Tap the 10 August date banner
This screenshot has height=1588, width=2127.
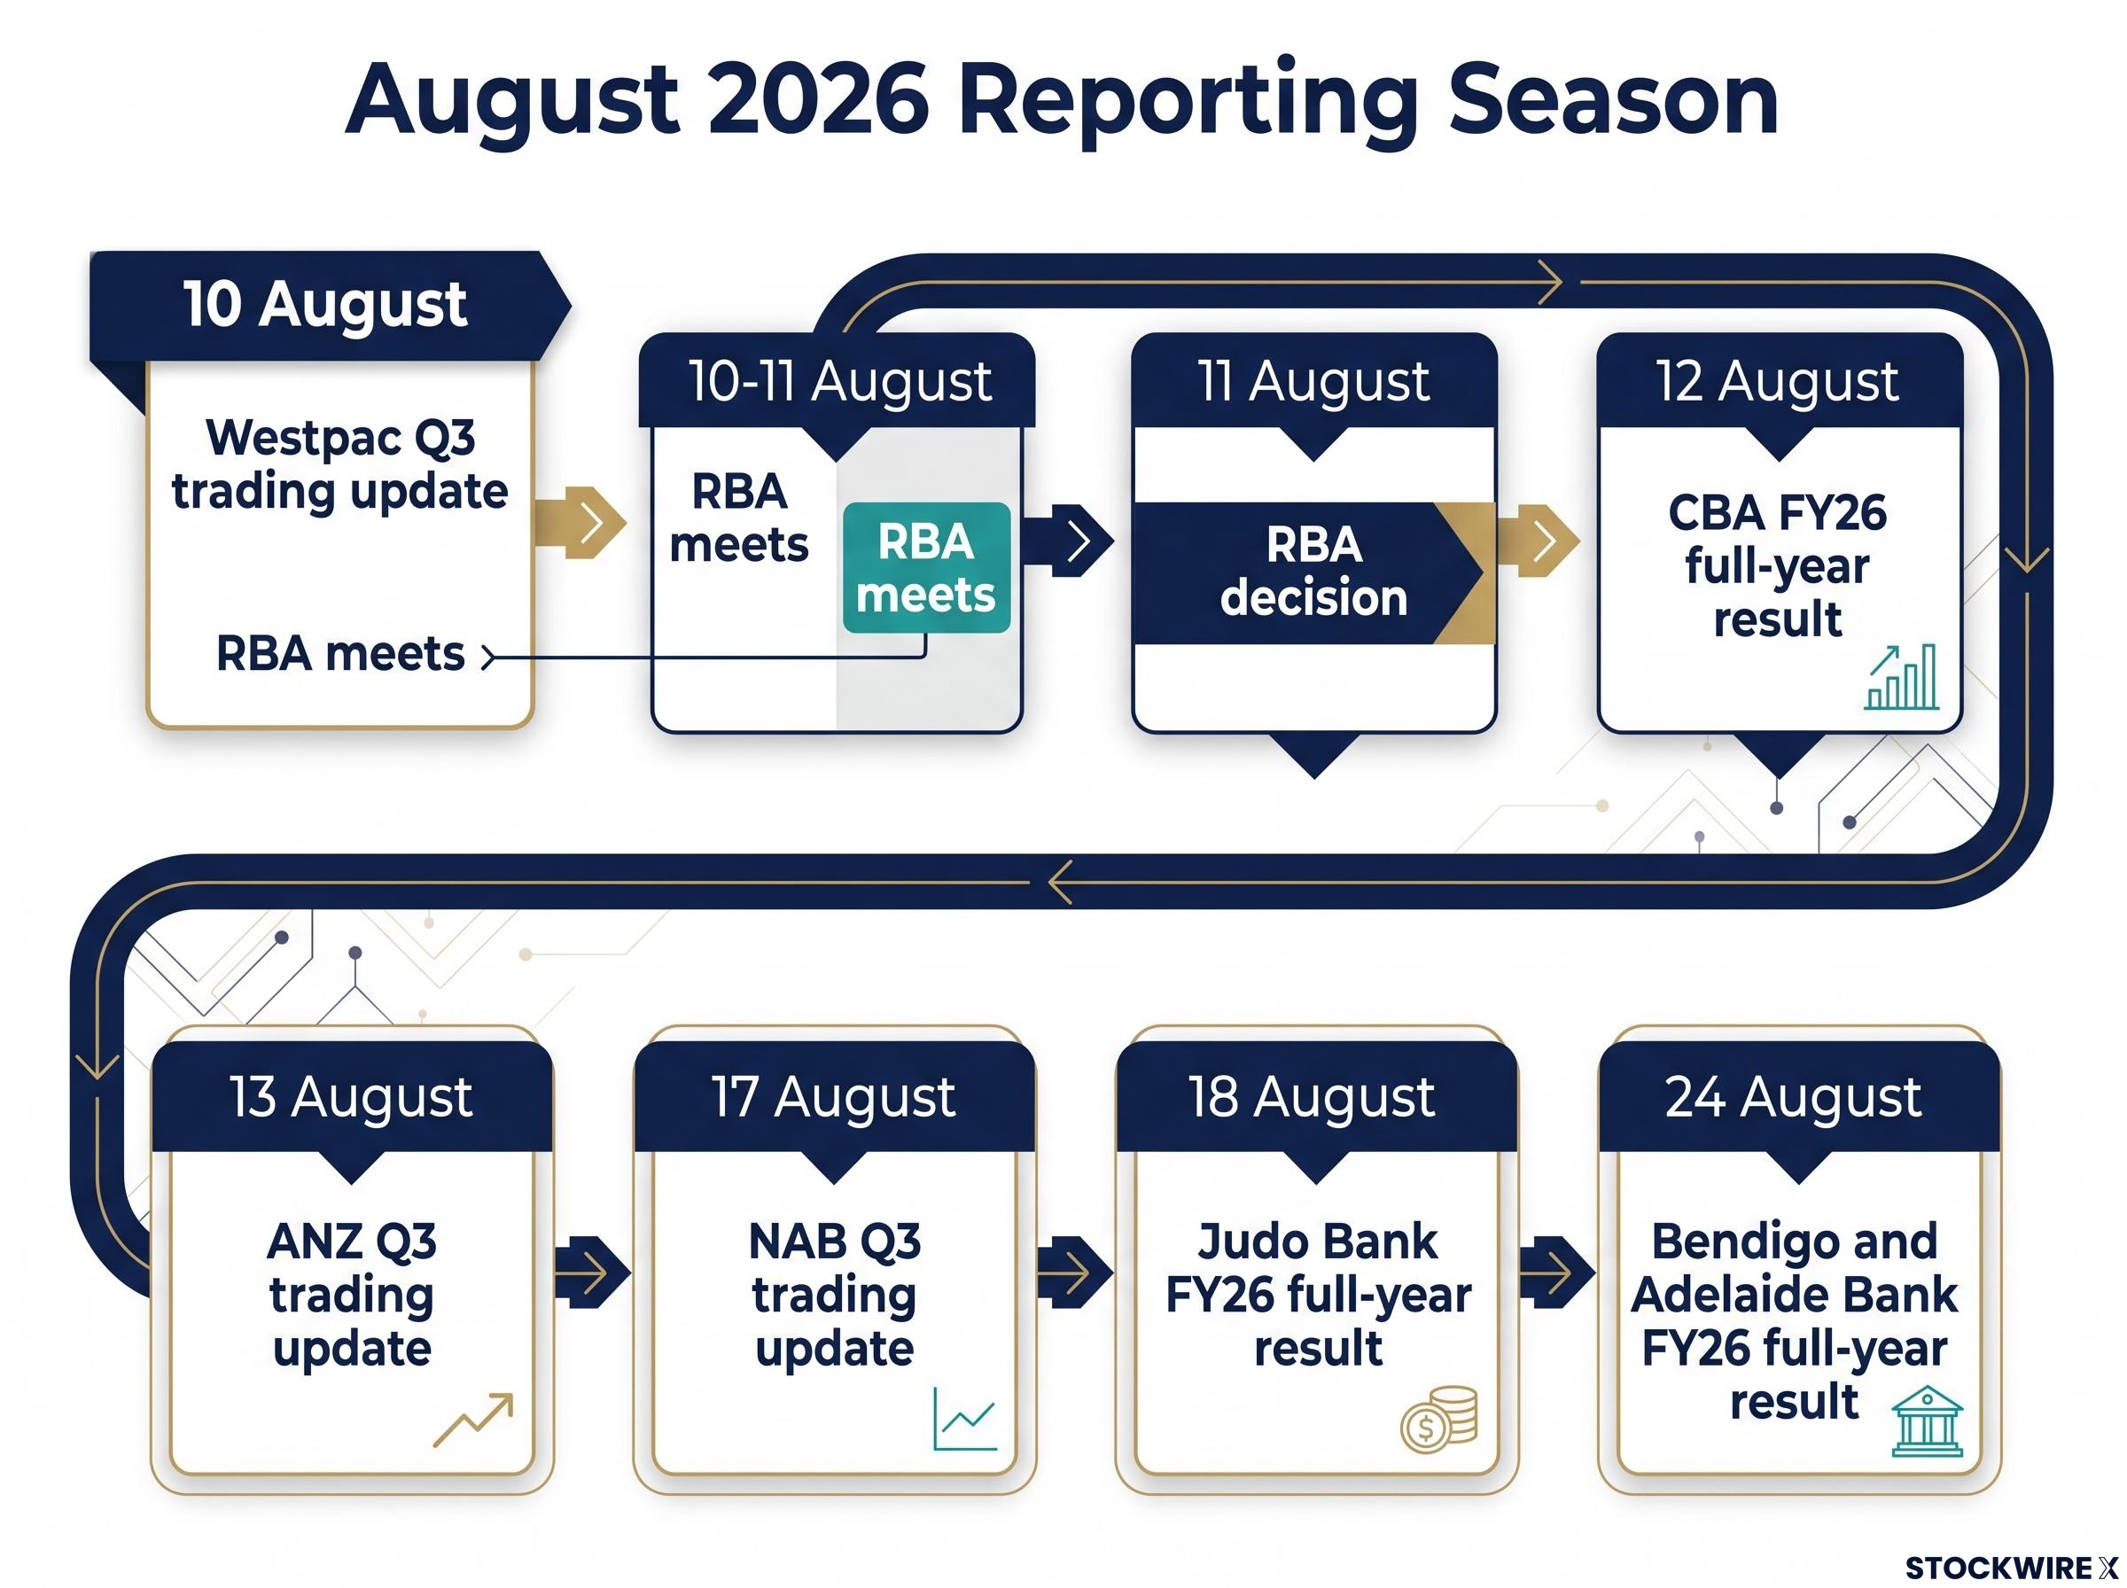click(x=328, y=306)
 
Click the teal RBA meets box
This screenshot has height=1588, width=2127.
click(x=926, y=567)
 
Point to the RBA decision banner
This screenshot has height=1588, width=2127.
click(x=1314, y=572)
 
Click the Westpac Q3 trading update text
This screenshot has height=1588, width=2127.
click(x=340, y=464)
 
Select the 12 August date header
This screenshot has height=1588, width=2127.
click(x=1779, y=381)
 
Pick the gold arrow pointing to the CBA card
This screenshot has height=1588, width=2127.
click(x=1536, y=541)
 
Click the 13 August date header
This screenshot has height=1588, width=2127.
click(x=352, y=1097)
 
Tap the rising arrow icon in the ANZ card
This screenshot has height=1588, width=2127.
click(x=474, y=1419)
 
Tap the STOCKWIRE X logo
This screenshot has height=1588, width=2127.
click(x=2011, y=1568)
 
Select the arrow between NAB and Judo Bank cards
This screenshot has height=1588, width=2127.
click(x=1073, y=1272)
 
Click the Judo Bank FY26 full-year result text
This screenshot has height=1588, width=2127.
click(x=1318, y=1294)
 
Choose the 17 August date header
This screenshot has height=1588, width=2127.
click(x=834, y=1097)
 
